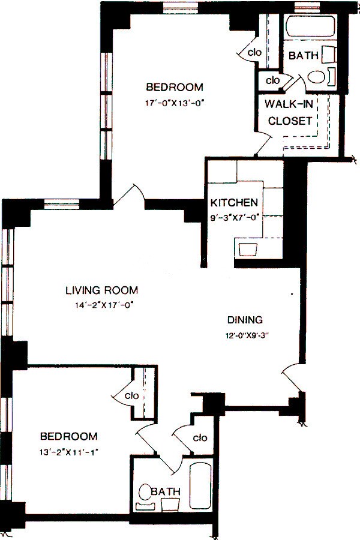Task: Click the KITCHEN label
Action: (x=234, y=203)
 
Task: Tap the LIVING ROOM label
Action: (x=101, y=290)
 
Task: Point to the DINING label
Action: (x=245, y=320)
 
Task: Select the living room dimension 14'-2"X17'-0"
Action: (x=104, y=305)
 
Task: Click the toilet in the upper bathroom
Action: (x=316, y=76)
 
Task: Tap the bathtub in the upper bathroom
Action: (x=311, y=26)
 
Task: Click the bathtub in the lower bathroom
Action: (x=200, y=485)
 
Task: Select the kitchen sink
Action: (x=248, y=250)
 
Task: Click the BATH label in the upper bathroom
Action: (x=303, y=55)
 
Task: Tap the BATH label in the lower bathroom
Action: (x=166, y=491)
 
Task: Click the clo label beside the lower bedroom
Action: (x=132, y=396)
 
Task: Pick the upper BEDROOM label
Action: (x=175, y=87)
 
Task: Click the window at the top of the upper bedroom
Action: (x=181, y=8)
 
